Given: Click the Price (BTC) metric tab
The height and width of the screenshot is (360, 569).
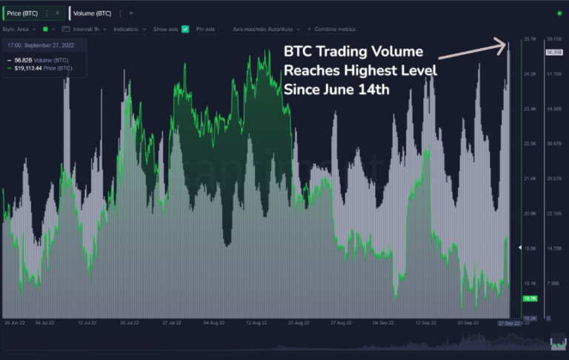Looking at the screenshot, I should click(22, 13).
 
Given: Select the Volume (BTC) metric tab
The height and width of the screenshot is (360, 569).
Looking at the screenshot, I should click(93, 13).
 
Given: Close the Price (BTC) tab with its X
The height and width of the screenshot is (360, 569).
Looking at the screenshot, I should click(57, 13).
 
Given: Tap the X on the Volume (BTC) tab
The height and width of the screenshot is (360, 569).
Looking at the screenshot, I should click(130, 13).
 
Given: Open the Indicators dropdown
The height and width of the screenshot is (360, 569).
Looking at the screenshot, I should click(130, 29).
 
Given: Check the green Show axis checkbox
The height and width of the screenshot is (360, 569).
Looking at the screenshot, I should click(185, 29).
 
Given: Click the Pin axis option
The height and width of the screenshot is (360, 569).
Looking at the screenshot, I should click(205, 29).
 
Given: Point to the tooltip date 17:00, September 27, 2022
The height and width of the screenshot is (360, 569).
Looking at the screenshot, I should click(41, 45).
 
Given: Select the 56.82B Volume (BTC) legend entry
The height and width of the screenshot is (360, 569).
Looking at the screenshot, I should click(41, 59).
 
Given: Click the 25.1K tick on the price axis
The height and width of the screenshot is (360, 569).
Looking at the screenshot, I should click(529, 39).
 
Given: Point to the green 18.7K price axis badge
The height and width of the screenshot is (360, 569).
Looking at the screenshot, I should click(529, 299).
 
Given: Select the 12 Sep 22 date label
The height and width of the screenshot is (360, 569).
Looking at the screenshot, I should click(425, 324).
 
